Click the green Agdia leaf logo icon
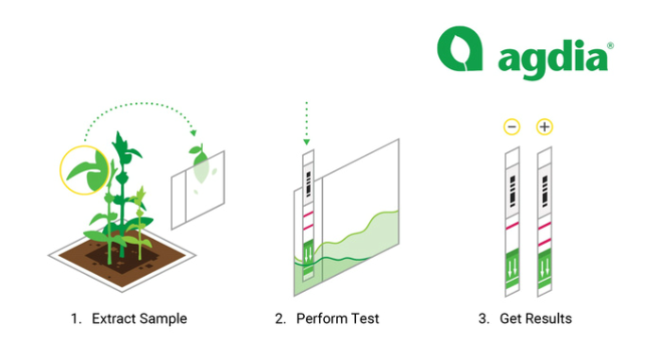(x=460, y=48)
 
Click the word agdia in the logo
(x=552, y=60)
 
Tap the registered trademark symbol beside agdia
(x=610, y=45)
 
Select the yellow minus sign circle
(x=512, y=127)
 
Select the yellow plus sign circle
(x=544, y=127)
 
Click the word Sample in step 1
(x=163, y=319)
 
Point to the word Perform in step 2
(x=320, y=318)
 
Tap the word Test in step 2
(x=364, y=318)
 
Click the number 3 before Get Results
(x=482, y=318)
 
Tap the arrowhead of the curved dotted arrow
(x=194, y=133)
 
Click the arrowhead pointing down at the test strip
(x=307, y=142)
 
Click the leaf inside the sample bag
(x=200, y=164)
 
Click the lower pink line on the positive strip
(x=544, y=243)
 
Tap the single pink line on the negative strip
(x=512, y=226)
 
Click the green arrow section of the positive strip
(x=545, y=268)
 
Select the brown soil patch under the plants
(x=122, y=257)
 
